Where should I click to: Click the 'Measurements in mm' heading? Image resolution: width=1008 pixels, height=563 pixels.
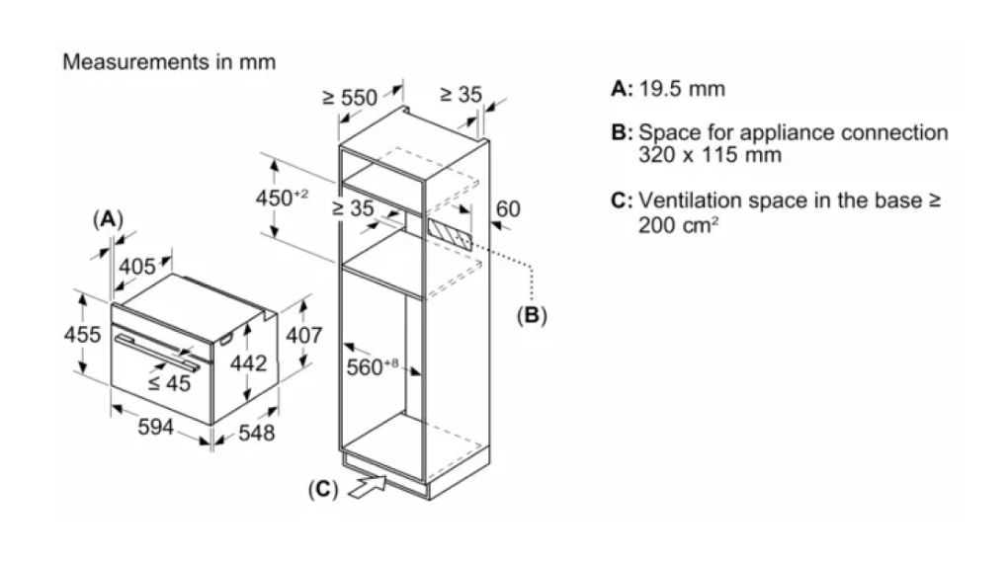[169, 61]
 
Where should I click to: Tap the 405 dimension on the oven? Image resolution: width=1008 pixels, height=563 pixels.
[137, 266]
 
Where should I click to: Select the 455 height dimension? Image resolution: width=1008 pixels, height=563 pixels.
[83, 335]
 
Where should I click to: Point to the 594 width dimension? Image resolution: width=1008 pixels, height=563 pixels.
[156, 427]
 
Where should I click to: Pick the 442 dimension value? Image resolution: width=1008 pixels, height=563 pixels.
[248, 363]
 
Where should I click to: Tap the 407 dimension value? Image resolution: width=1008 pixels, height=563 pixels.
[303, 335]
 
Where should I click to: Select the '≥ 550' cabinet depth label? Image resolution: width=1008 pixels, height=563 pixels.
[350, 97]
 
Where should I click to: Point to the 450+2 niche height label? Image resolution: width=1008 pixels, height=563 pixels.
[283, 198]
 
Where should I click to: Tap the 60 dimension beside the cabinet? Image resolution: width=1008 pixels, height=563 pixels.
[507, 209]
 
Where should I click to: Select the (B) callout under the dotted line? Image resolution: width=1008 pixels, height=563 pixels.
[532, 316]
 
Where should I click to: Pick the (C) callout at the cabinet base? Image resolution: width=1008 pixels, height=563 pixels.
[323, 488]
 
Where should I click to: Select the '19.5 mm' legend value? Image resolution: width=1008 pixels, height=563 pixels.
[682, 89]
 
